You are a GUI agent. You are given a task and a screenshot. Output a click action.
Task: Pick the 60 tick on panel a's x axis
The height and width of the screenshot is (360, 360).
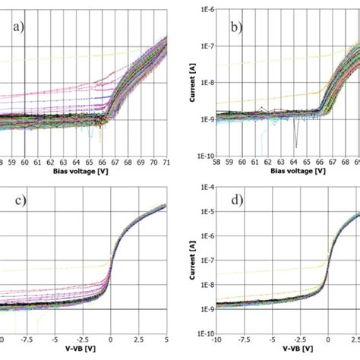24,162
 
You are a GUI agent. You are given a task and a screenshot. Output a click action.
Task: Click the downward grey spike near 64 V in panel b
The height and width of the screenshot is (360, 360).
294,141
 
